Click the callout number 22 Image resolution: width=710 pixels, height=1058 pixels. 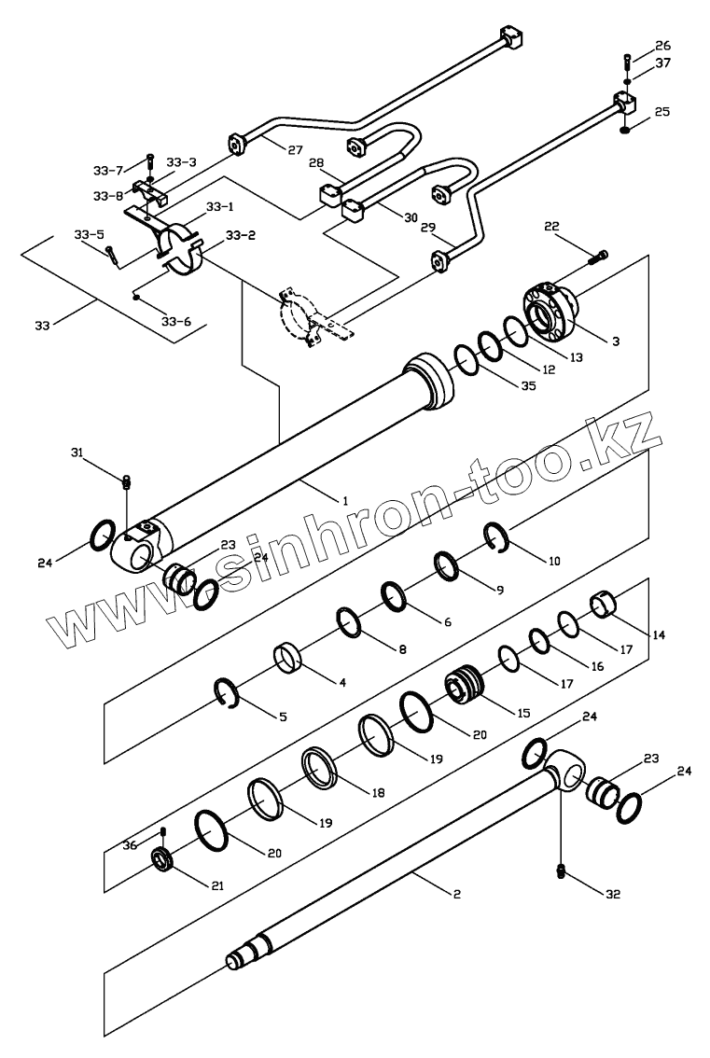tap(551, 227)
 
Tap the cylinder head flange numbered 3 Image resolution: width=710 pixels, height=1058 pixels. tap(550, 311)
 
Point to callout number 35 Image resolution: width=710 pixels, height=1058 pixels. tap(528, 386)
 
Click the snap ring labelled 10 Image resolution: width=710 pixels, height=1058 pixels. tap(497, 538)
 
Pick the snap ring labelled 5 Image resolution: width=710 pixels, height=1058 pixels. tap(227, 693)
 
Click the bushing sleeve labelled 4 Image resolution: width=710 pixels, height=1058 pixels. tap(287, 657)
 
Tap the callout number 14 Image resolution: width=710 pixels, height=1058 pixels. tap(659, 634)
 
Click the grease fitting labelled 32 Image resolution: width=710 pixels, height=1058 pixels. tap(560, 872)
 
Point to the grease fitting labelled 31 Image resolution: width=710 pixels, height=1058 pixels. tap(126, 482)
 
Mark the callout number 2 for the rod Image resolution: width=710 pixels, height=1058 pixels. tap(457, 895)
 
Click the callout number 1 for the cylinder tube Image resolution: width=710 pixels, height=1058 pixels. tap(344, 501)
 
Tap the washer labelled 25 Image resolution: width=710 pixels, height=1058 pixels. tap(625, 130)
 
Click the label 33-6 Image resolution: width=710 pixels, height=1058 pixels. tap(176, 322)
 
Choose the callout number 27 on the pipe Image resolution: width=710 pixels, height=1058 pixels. tap(295, 150)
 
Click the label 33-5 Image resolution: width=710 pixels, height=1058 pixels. tap(89, 234)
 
